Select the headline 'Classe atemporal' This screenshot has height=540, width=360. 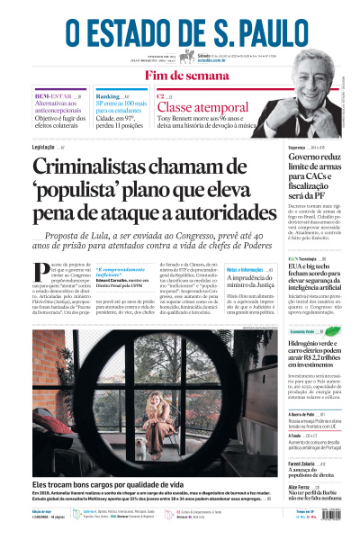pos(196,109)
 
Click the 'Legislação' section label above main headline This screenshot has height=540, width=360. pos(44,147)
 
